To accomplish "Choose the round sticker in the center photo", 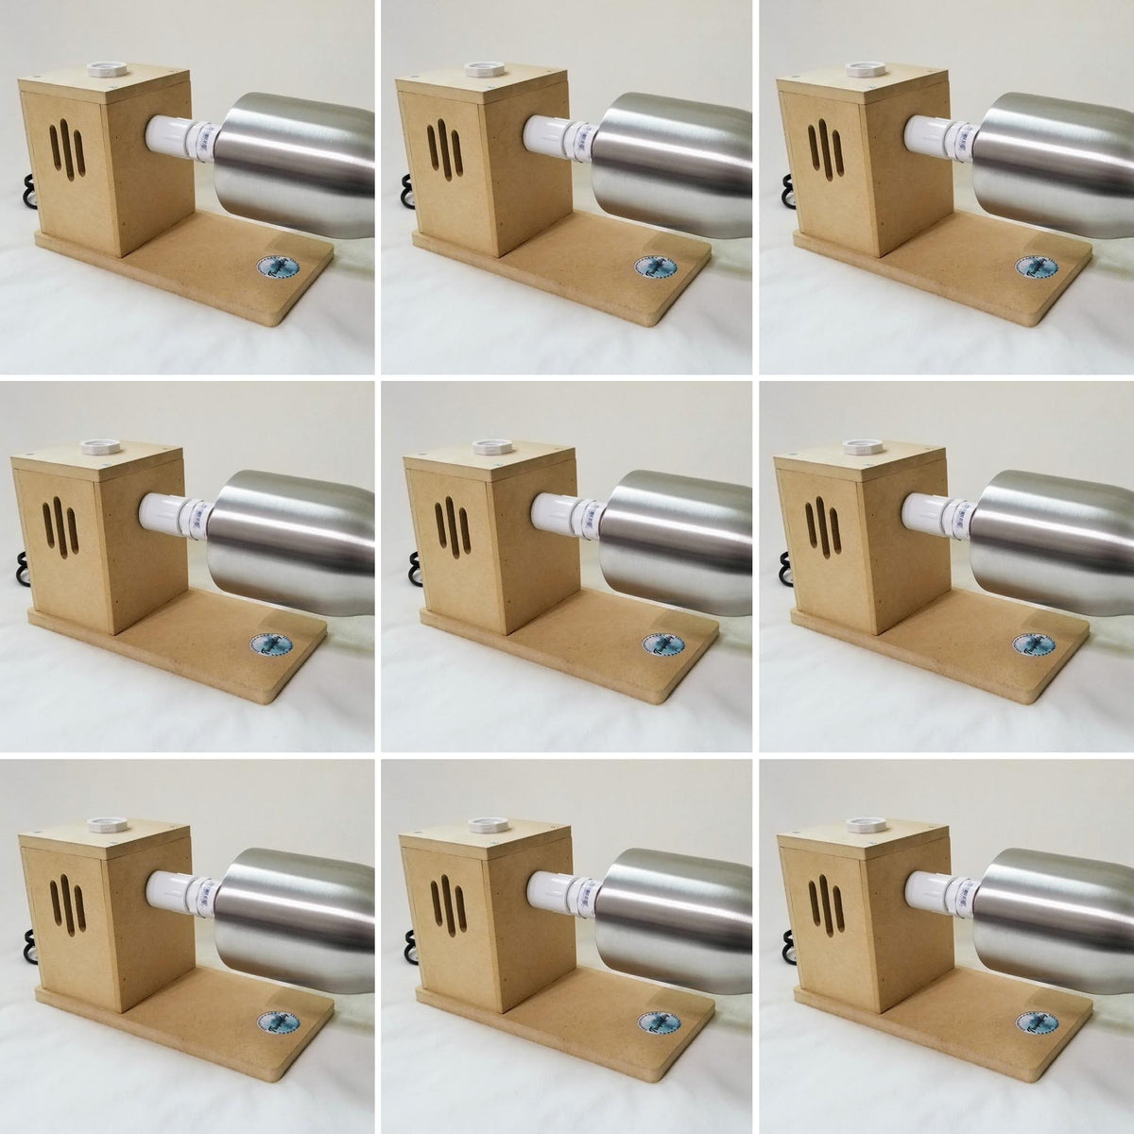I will (659, 644).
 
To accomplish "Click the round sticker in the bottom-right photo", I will (1034, 1023).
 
